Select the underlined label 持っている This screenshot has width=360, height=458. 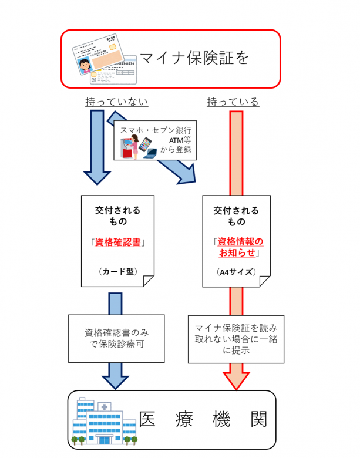[233, 102]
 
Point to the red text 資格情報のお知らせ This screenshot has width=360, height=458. [238, 246]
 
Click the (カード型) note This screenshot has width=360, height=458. [118, 271]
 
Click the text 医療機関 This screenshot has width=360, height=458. [203, 419]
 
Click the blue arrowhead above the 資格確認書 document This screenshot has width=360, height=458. [97, 176]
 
